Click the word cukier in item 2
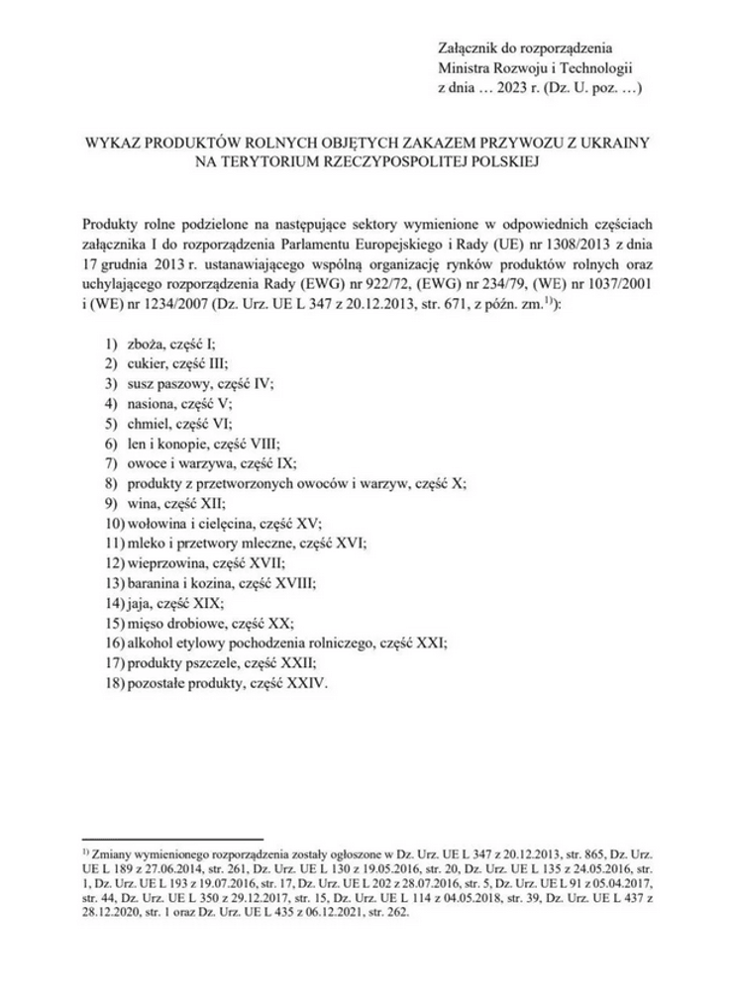point(145,364)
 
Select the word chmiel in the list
point(146,424)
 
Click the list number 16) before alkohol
point(113,643)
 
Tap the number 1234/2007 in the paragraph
point(167,306)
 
